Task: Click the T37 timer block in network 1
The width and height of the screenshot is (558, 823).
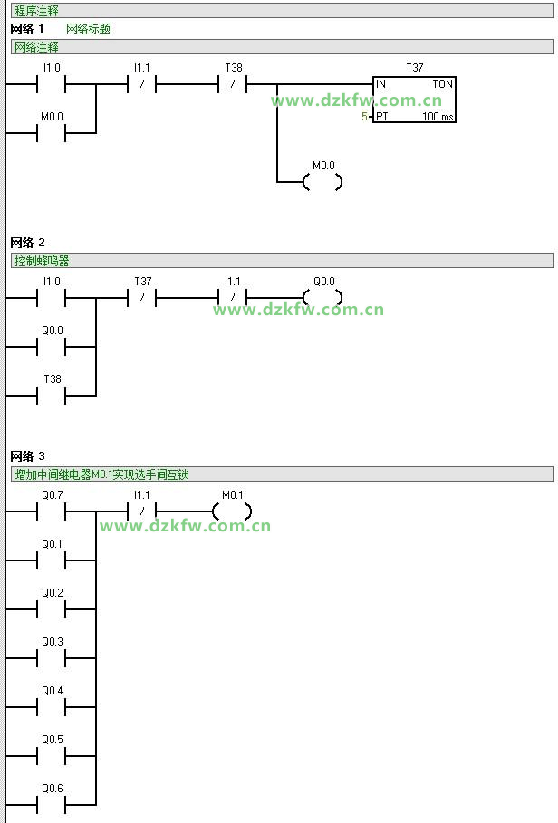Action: click(414, 100)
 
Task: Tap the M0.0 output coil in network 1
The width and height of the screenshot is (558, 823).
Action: click(322, 182)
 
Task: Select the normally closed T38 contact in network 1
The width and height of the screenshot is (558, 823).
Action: click(233, 84)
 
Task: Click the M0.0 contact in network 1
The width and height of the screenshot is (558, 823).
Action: click(52, 133)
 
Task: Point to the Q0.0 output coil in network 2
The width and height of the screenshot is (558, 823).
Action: click(322, 298)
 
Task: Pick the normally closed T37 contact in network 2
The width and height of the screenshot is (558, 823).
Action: click(142, 298)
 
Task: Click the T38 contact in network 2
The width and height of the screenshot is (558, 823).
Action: click(52, 396)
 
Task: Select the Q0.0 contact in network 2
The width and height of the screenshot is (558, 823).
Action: click(52, 347)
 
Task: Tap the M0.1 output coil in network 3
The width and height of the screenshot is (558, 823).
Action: click(232, 512)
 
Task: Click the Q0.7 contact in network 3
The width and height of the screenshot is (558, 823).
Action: click(52, 512)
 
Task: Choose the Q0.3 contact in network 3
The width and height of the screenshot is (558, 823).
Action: click(52, 658)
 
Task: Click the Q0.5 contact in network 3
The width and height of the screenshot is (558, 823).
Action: click(52, 756)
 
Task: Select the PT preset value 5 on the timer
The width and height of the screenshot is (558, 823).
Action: click(365, 117)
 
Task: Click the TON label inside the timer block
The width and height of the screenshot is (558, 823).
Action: click(442, 84)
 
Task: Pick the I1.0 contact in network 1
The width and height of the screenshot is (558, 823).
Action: click(52, 84)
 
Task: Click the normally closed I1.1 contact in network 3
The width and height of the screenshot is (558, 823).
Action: click(142, 512)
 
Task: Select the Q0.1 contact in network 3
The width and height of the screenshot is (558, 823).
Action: click(52, 560)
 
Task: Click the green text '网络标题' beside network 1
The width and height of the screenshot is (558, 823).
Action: click(89, 29)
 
